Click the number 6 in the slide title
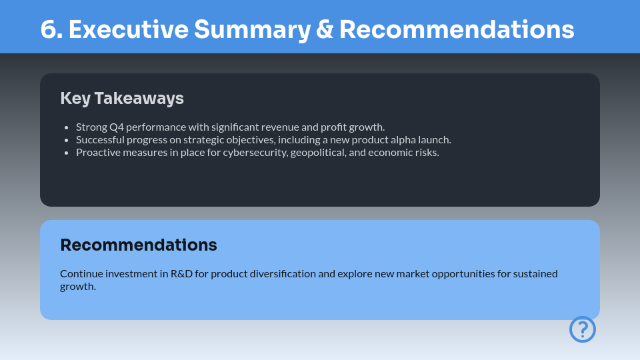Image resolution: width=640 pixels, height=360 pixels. click(47, 30)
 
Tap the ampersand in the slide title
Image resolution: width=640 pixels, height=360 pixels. click(324, 30)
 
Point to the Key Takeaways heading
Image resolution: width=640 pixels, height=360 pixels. click(122, 98)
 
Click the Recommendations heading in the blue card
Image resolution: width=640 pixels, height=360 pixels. click(139, 245)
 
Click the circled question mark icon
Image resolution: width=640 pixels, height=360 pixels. click(582, 329)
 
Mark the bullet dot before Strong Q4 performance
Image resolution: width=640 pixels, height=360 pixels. click(67, 127)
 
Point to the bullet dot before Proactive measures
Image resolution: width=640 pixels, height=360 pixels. click(67, 153)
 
